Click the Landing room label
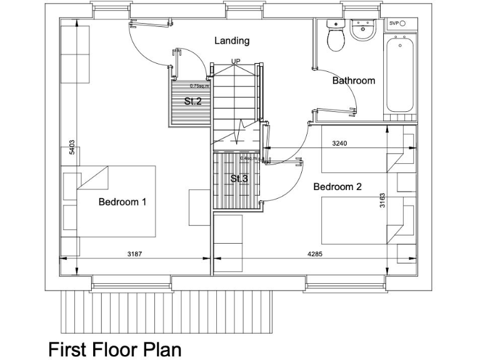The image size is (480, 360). [232, 41]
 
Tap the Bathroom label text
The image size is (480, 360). [353, 81]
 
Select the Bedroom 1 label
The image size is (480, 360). [122, 202]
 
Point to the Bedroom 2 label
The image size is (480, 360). [337, 186]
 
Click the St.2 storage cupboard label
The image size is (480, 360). [192, 101]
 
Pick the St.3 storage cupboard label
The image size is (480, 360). [239, 179]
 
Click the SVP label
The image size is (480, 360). [394, 23]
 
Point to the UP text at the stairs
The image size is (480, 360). [236, 61]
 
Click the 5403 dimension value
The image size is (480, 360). [72, 147]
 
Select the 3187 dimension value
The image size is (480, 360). [135, 254]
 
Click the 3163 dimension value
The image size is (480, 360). [382, 201]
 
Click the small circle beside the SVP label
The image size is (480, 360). [404, 23]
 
